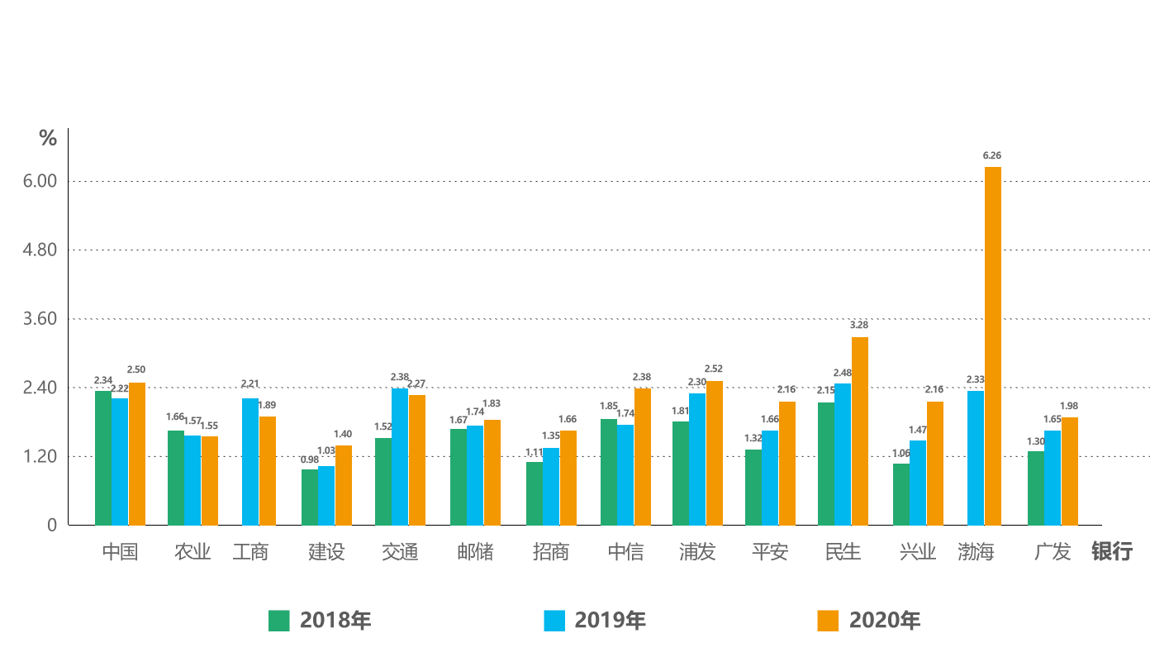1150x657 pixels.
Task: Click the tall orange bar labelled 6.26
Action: click(x=993, y=345)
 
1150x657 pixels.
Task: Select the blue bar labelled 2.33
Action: click(x=975, y=456)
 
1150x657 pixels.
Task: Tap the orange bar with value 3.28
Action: click(x=860, y=430)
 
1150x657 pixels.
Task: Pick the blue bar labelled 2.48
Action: click(x=842, y=453)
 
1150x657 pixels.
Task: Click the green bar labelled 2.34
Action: click(x=102, y=456)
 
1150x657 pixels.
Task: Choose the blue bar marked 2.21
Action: click(x=249, y=460)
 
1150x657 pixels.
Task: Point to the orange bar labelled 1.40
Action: click(x=344, y=484)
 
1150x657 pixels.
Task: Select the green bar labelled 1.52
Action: click(x=382, y=480)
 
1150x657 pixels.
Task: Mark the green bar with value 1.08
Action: click(x=900, y=493)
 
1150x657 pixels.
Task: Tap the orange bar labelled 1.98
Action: click(x=1070, y=470)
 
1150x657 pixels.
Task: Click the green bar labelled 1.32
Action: click(x=752, y=486)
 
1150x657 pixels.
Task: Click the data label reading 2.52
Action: click(x=714, y=369)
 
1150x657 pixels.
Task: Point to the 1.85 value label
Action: click(x=608, y=406)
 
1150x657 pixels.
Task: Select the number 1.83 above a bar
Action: click(x=492, y=403)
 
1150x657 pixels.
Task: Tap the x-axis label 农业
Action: click(x=192, y=552)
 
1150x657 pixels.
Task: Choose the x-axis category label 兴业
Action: click(x=918, y=552)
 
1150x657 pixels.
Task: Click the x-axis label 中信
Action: click(x=625, y=552)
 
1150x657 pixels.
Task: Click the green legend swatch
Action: click(x=280, y=620)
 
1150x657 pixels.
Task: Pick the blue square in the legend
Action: click(x=554, y=620)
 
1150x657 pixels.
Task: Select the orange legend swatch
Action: click(x=828, y=620)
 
